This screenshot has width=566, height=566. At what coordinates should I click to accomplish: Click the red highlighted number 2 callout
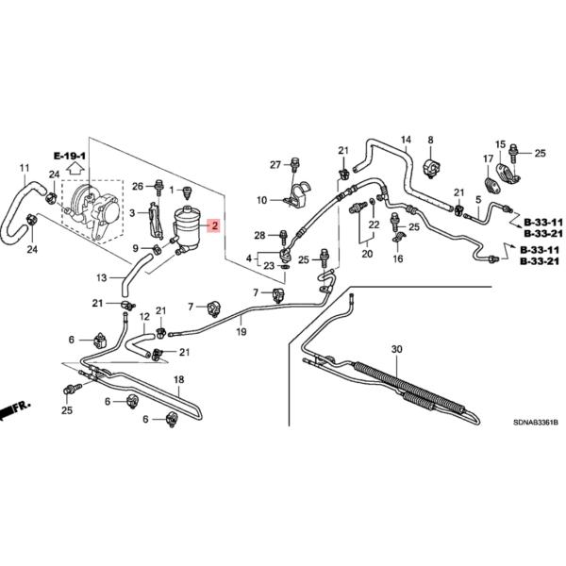[x=214, y=226]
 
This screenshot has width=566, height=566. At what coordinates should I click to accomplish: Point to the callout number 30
[x=396, y=350]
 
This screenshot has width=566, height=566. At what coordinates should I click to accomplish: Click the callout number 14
[x=407, y=142]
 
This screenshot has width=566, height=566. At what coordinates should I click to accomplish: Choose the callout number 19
[x=241, y=332]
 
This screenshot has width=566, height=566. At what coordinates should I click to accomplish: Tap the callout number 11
[x=24, y=169]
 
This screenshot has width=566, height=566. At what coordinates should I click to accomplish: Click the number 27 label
[x=275, y=165]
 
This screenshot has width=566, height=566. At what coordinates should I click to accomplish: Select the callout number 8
[x=430, y=141]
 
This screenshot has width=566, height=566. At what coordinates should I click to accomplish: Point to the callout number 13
[x=102, y=278]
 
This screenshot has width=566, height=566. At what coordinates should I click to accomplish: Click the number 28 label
[x=259, y=234]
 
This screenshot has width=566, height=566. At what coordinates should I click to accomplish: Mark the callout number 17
[x=488, y=158]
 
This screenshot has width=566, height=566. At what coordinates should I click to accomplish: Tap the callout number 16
[x=397, y=258]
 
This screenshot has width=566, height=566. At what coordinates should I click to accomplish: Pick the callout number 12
[x=145, y=317]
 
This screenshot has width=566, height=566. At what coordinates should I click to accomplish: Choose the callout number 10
[x=261, y=200]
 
